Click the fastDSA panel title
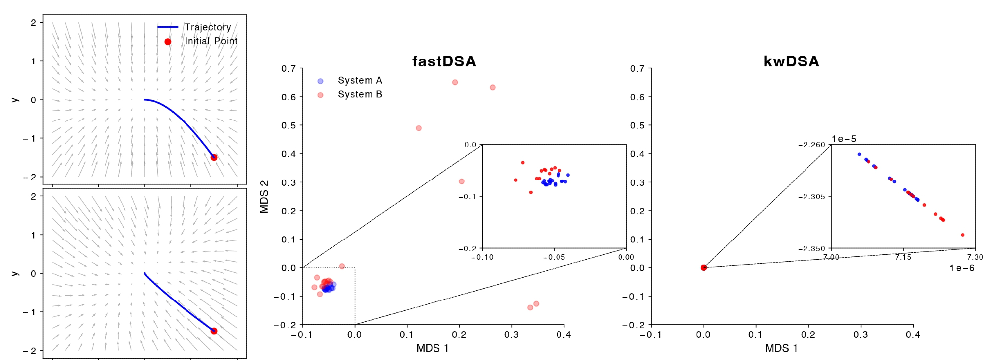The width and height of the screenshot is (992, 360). click(x=444, y=61)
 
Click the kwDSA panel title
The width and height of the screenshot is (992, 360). click(x=791, y=61)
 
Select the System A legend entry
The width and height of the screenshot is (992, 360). click(x=359, y=80)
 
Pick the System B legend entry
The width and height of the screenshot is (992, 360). click(x=359, y=94)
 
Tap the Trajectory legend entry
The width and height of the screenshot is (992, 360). click(x=207, y=27)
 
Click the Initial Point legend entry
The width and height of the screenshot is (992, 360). click(x=211, y=41)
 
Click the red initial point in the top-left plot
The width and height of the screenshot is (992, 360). click(x=214, y=157)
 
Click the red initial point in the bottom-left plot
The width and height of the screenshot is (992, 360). click(x=214, y=331)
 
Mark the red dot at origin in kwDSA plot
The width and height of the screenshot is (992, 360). click(x=703, y=268)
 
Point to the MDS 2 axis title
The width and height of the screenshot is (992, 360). click(x=264, y=196)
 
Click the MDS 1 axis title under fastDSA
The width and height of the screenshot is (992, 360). click(x=433, y=348)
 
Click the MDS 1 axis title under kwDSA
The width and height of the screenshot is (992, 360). click(x=781, y=348)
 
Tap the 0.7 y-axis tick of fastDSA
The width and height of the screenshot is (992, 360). click(x=288, y=68)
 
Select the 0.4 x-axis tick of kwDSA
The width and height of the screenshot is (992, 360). click(x=913, y=335)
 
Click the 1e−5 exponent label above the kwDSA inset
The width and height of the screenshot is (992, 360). click(x=844, y=139)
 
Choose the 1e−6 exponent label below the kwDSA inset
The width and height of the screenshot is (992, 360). click(x=962, y=268)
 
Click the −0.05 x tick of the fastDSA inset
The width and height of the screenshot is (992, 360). click(x=554, y=257)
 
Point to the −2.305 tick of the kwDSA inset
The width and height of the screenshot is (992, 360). click(x=811, y=197)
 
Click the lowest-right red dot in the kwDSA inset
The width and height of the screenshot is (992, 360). click(x=962, y=235)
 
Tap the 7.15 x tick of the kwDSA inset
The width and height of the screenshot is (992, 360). click(x=903, y=257)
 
